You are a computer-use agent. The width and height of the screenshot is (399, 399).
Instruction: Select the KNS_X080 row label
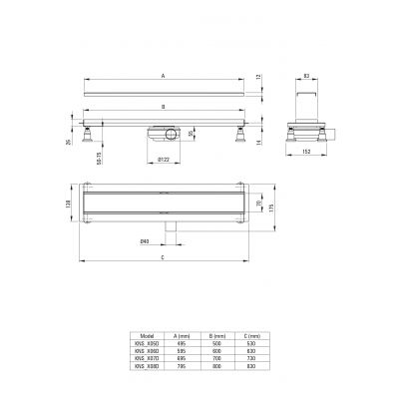(148, 366)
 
